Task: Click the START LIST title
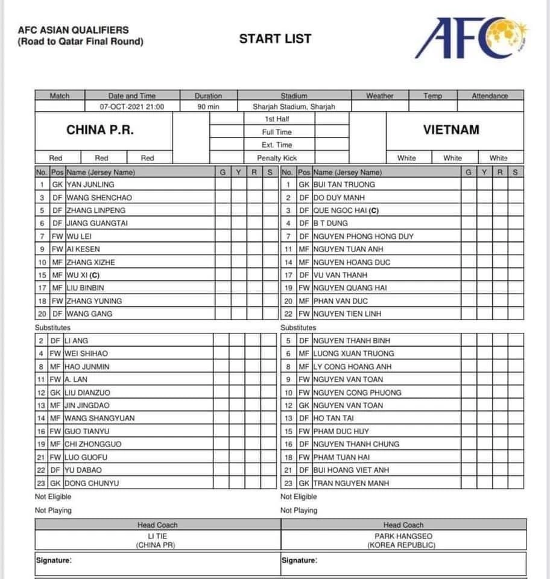tap(275, 39)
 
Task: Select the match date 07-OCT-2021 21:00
tap(131, 107)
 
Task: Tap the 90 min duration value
tap(208, 107)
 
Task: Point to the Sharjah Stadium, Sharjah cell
tap(294, 107)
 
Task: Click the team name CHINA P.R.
tap(100, 130)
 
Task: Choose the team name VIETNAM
tap(451, 130)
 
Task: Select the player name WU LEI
tap(79, 236)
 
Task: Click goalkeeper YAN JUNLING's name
tap(90, 185)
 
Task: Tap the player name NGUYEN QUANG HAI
tap(350, 288)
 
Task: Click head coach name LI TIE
tap(157, 536)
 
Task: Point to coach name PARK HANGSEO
tap(403, 536)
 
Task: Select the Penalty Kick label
tap(277, 158)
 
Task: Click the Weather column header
tap(379, 96)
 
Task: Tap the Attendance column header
tap(490, 96)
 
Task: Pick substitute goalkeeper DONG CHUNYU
tap(92, 483)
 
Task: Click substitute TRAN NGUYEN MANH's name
tap(352, 483)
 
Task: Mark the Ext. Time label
tap(277, 145)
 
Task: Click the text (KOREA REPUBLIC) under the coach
tap(403, 545)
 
